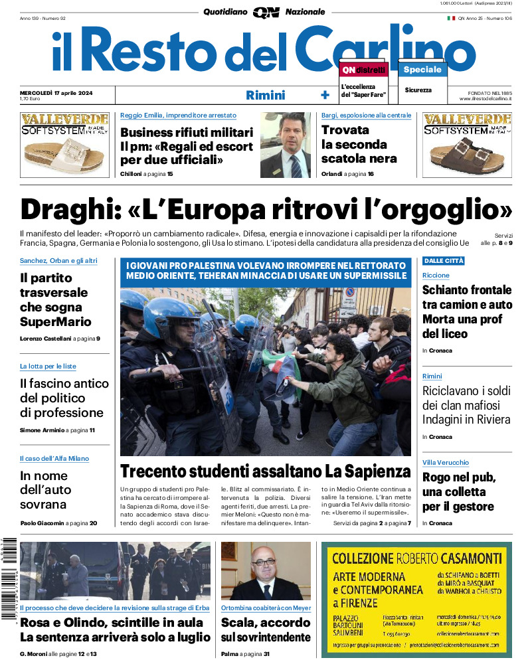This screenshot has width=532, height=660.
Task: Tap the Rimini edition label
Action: [265, 95]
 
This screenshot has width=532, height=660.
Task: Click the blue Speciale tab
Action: [422, 69]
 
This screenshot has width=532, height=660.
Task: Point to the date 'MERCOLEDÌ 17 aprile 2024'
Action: [56, 92]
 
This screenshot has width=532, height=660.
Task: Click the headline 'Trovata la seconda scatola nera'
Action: [359, 144]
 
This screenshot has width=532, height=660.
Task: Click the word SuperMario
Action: [56, 322]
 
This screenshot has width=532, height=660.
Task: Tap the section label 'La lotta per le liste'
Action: [48, 367]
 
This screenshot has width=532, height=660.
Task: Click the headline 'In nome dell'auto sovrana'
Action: [52, 491]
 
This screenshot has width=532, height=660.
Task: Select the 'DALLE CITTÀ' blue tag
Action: [444, 261]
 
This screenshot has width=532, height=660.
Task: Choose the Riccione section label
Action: [436, 276]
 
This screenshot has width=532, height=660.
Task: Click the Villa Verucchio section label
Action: [446, 462]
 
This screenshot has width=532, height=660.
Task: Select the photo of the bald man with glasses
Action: [266, 571]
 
